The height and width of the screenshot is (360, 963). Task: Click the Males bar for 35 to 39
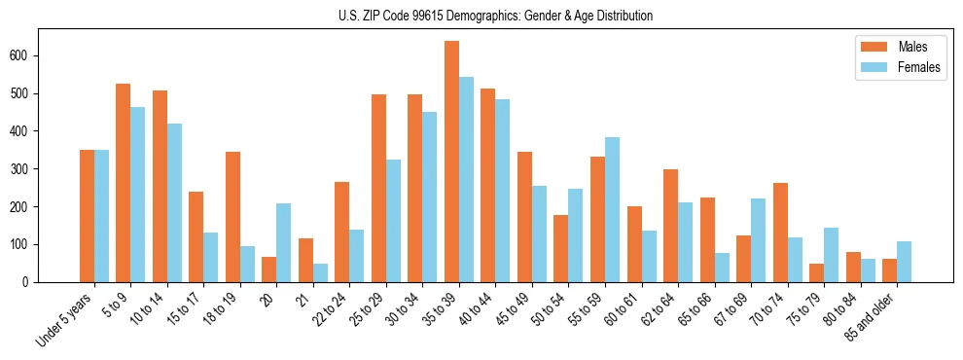[451, 162]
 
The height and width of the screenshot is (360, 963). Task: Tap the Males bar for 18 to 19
[232, 217]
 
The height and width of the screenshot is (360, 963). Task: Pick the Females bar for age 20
[283, 242]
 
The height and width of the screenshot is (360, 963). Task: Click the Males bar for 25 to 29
[378, 188]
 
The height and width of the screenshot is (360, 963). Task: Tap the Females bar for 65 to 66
[722, 268]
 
